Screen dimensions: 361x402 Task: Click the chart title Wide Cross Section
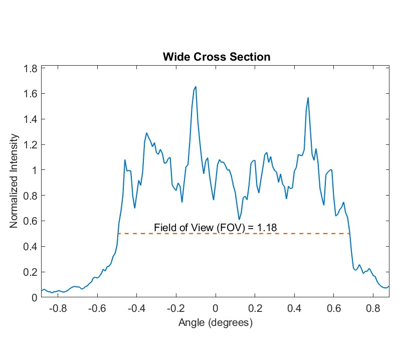click(217, 57)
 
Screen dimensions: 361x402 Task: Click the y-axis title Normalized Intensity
click(15, 181)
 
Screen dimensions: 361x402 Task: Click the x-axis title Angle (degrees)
click(216, 323)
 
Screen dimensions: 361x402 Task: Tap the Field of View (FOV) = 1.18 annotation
click(216, 227)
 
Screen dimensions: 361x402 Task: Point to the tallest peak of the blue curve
click(195, 87)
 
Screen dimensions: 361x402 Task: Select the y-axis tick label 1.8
click(31, 68)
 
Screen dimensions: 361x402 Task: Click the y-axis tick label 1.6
click(31, 94)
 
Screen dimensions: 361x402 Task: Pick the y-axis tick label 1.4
click(31, 119)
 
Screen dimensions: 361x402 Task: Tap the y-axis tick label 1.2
click(31, 145)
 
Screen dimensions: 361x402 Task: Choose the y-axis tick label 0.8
click(31, 196)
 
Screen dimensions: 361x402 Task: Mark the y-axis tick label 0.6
click(31, 221)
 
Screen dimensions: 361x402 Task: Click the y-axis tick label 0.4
click(31, 247)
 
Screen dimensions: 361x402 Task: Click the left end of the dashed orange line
click(117, 234)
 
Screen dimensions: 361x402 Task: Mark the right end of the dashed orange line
click(349, 234)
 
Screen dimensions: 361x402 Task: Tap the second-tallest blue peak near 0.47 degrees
click(308, 98)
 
